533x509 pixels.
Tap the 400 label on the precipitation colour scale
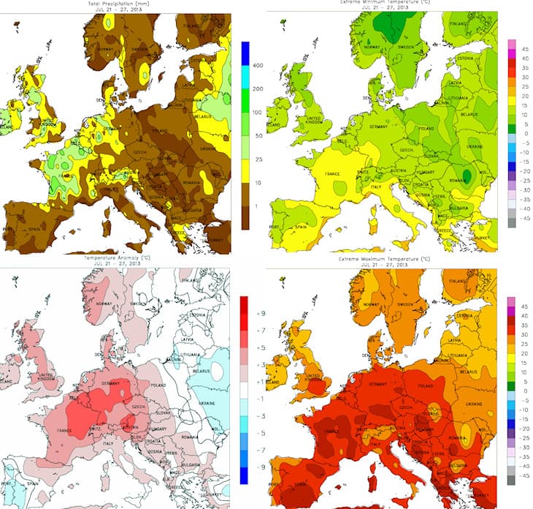pos(256,66)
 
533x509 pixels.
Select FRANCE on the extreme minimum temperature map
pos(330,176)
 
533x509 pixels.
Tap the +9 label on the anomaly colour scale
pos(257,312)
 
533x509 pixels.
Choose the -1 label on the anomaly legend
pos(257,406)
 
